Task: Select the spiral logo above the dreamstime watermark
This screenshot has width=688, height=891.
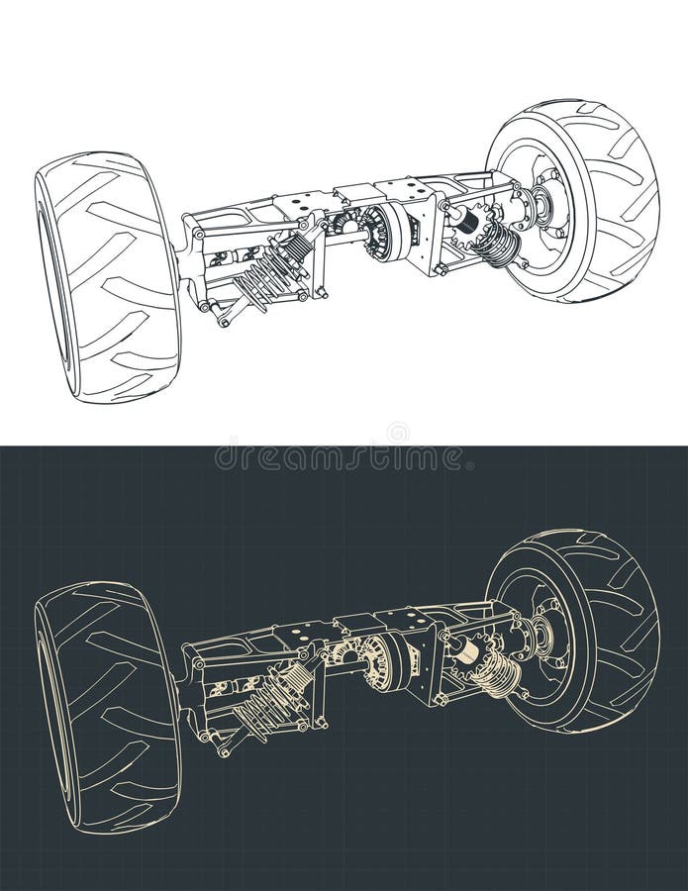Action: pyautogui.click(x=397, y=433)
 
